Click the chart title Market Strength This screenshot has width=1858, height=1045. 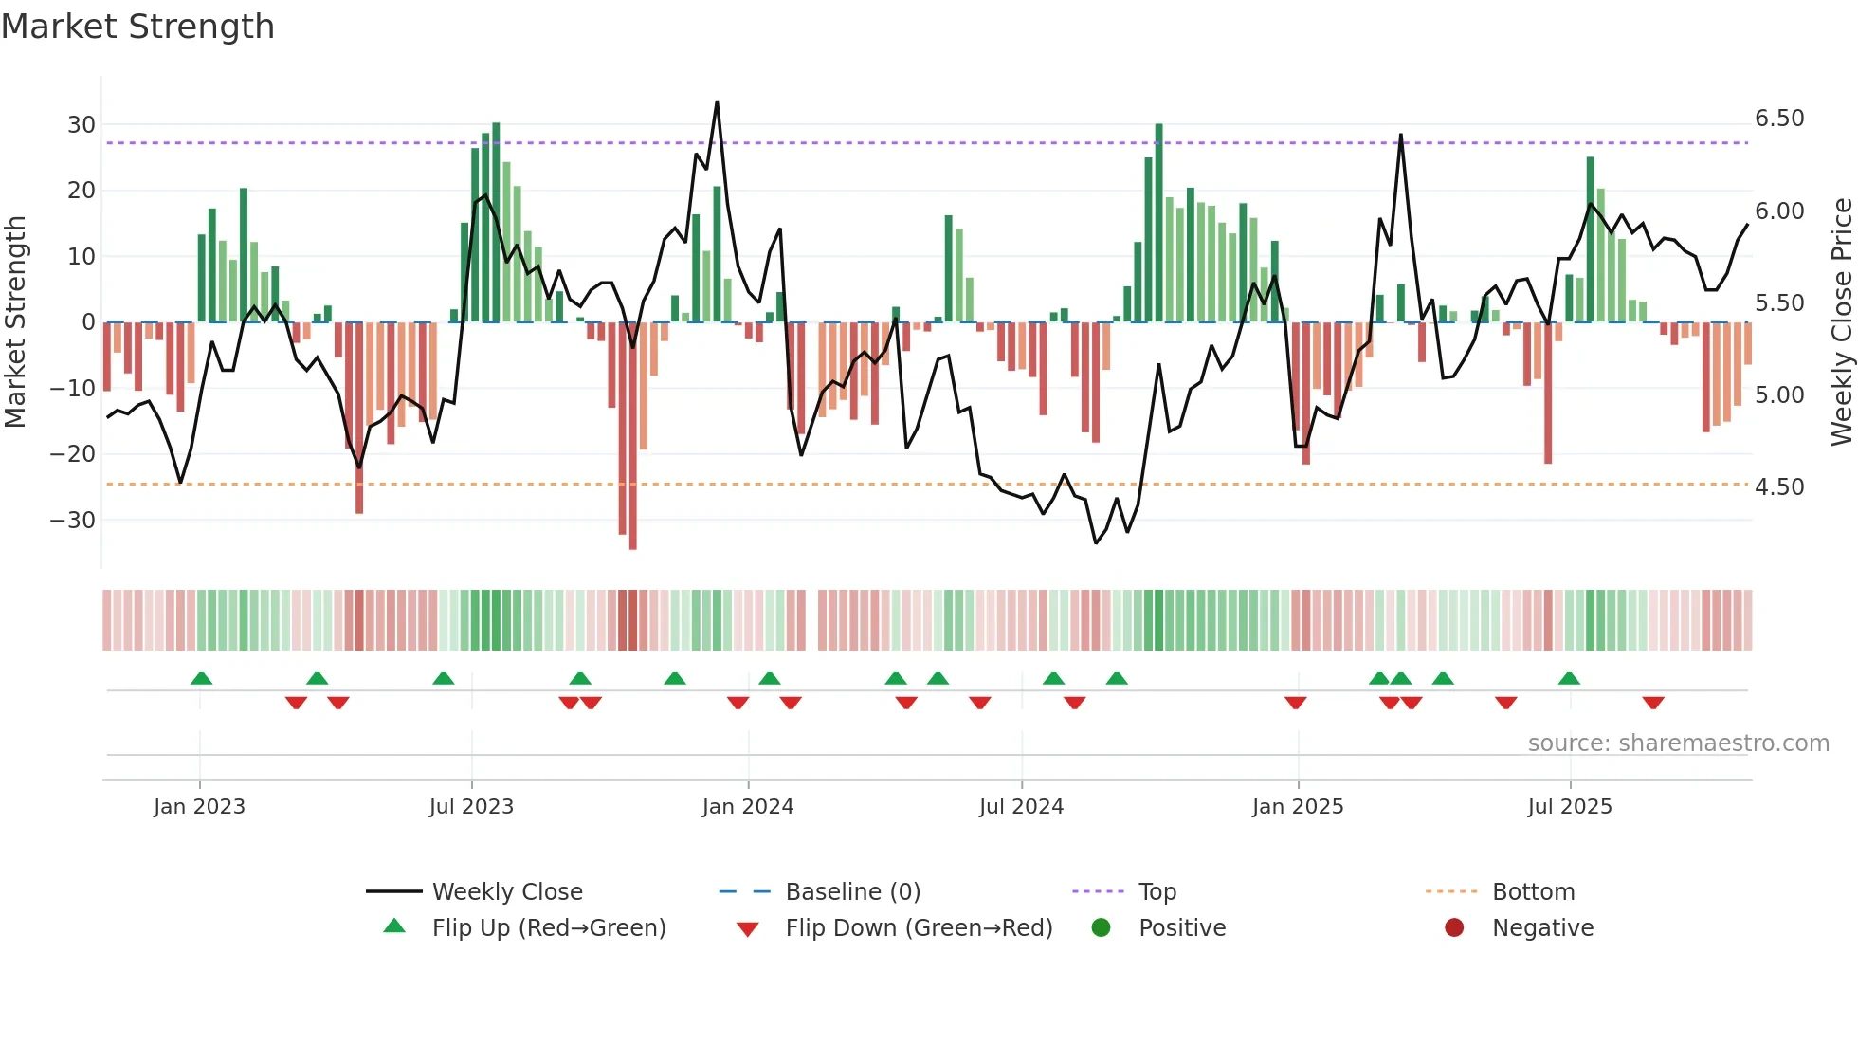pyautogui.click(x=137, y=27)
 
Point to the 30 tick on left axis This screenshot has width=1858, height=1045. pyautogui.click(x=82, y=125)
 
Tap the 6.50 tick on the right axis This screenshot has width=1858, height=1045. pyautogui.click(x=1779, y=119)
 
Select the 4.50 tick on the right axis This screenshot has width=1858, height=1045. pyautogui.click(x=1779, y=487)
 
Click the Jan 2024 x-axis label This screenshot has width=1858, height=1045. pyautogui.click(x=747, y=807)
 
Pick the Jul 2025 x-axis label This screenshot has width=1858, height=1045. pyautogui.click(x=1569, y=807)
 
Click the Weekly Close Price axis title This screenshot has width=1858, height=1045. pyautogui.click(x=1841, y=321)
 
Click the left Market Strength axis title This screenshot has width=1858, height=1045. pyautogui.click(x=15, y=321)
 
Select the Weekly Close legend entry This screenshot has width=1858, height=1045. pyautogui.click(x=507, y=892)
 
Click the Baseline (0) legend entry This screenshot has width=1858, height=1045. pyautogui.click(x=852, y=892)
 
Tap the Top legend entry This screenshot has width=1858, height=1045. pyautogui.click(x=1157, y=892)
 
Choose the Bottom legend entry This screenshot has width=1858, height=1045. pyautogui.click(x=1533, y=892)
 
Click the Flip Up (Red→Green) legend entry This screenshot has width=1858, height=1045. pyautogui.click(x=549, y=928)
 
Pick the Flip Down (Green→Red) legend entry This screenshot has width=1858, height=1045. pyautogui.click(x=919, y=928)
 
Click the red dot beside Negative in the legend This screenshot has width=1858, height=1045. pyautogui.click(x=1454, y=927)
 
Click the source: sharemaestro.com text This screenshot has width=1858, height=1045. pyautogui.click(x=1678, y=743)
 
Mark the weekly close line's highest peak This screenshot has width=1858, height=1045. pyautogui.click(x=717, y=101)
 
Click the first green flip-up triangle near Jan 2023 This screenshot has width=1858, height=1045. pyautogui.click(x=201, y=678)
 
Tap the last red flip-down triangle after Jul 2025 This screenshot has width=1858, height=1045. pyautogui.click(x=1653, y=703)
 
